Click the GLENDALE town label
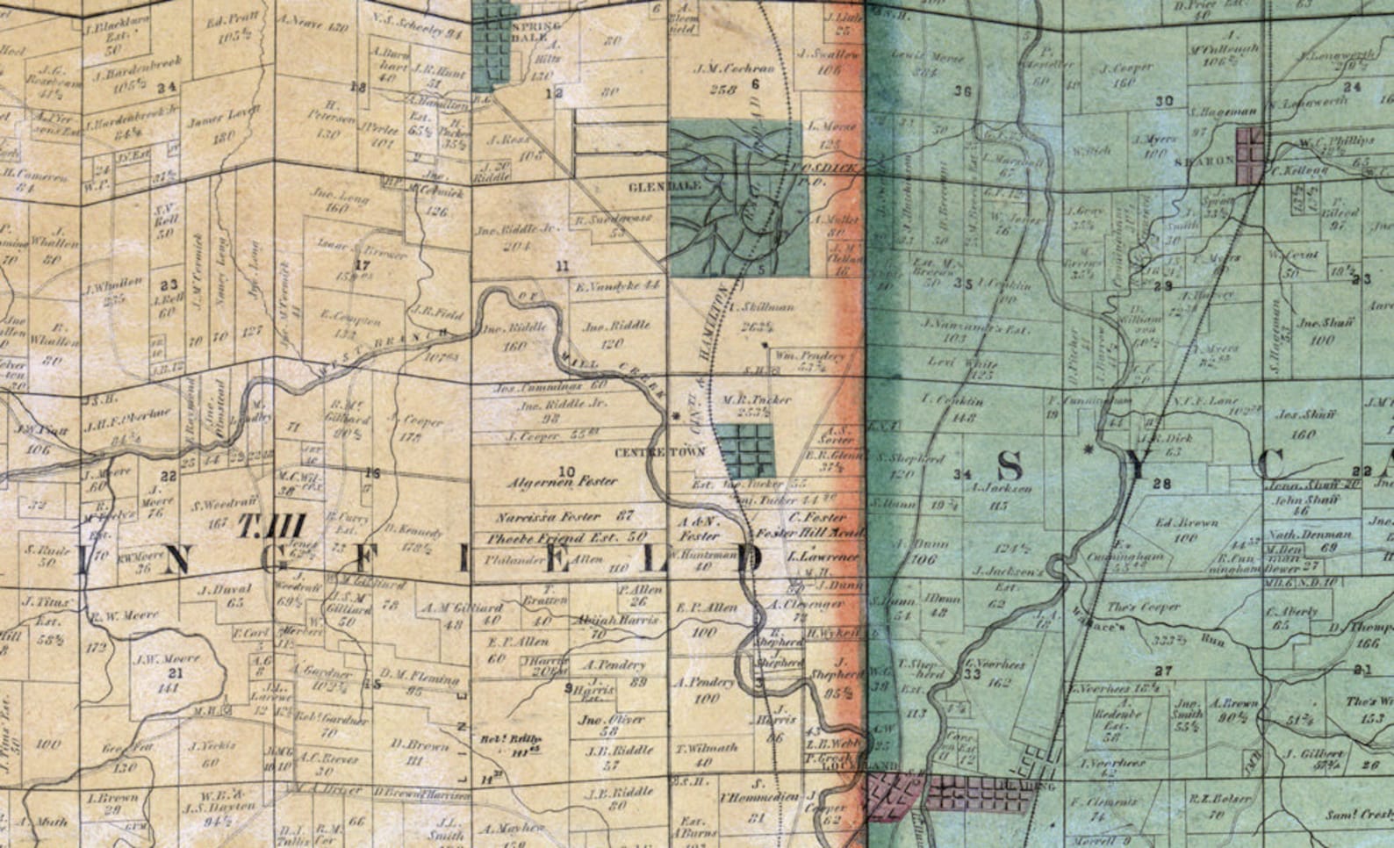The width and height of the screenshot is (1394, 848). tap(653, 187)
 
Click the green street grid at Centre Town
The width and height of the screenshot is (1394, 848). tap(744, 450)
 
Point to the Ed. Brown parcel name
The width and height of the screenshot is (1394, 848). tap(1187, 522)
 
